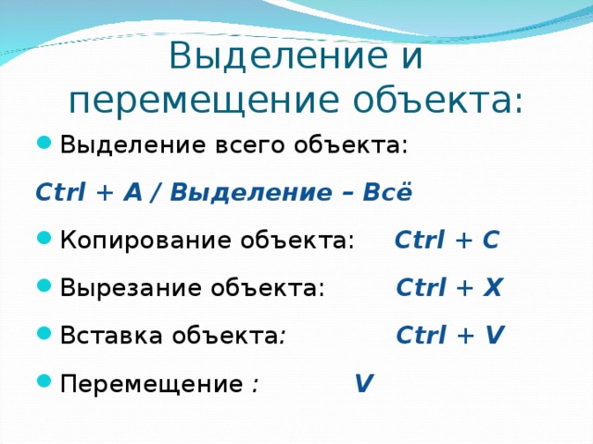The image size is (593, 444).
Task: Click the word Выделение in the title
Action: tap(279, 55)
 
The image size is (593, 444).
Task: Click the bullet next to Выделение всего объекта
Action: tap(44, 143)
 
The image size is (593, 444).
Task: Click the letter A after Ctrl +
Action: tap(132, 191)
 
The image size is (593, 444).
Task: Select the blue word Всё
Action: tap(387, 191)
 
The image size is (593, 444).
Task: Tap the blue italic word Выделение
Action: tap(250, 193)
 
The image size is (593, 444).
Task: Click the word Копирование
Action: tap(146, 240)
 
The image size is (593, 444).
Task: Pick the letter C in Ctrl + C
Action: tap(491, 240)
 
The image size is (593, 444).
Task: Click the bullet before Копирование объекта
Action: tap(44, 238)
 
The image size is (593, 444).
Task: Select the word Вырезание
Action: tap(131, 288)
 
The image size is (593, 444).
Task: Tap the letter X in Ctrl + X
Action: tap(492, 288)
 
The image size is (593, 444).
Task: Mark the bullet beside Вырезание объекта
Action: tap(44, 286)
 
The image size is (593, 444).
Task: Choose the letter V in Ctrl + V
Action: tap(495, 335)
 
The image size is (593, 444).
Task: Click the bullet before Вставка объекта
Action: tap(44, 333)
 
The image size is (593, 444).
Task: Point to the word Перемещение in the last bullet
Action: tap(152, 385)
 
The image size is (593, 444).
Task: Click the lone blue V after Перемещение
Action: tap(364, 383)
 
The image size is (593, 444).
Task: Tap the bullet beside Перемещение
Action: tap(44, 380)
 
